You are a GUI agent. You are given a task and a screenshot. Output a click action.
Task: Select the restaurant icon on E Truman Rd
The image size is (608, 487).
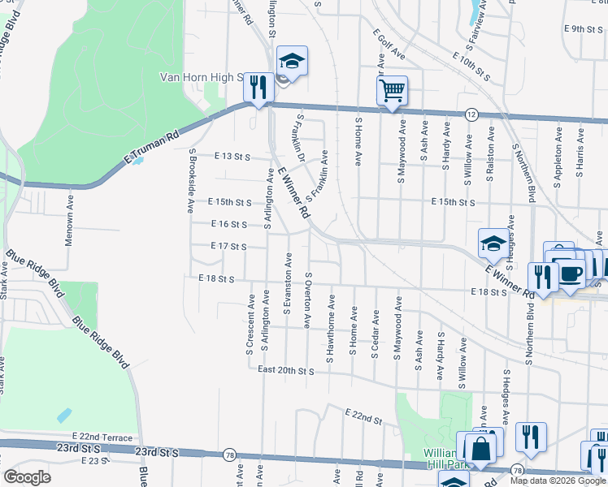click(x=258, y=88)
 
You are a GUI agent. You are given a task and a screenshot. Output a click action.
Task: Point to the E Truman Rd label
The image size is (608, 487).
click(x=150, y=151)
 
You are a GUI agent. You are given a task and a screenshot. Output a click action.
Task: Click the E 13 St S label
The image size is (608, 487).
click(x=232, y=157)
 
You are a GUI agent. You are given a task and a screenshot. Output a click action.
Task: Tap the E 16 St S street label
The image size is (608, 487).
click(x=228, y=224)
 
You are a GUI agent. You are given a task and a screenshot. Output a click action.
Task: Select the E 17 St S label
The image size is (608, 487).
click(x=228, y=246)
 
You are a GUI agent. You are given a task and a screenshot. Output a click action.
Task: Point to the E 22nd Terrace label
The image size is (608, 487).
click(x=101, y=437)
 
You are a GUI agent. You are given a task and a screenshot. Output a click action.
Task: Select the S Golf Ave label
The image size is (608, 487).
click(x=390, y=44)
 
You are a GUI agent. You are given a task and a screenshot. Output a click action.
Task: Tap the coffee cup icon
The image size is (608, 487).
click(x=571, y=273)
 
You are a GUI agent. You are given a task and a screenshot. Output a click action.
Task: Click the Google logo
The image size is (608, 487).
click(x=28, y=477)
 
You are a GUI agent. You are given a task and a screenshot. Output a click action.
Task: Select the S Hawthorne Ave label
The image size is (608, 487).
click(x=332, y=324)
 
